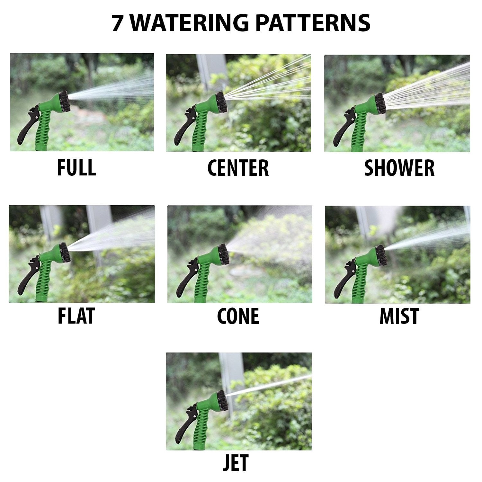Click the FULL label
[76, 168]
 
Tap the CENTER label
[238, 168]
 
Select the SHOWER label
[399, 168]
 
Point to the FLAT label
[76, 316]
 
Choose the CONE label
[238, 316]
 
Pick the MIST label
[399, 316]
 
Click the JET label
[236, 463]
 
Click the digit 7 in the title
[117, 23]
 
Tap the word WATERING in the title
[189, 23]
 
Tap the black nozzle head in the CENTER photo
[222, 102]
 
